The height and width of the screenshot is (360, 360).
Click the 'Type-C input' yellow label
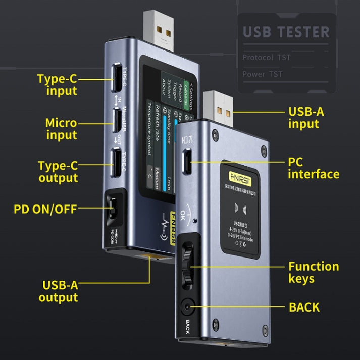pos(57,85)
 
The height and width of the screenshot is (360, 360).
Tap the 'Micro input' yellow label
pos(61,129)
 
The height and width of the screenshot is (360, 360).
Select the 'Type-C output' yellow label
pos(58,172)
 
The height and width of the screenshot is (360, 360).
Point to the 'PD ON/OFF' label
pos(45,208)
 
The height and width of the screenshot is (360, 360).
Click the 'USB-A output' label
pos(58,291)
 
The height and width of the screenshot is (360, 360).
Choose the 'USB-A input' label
pos(306,118)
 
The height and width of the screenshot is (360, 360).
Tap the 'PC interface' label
pos(313,168)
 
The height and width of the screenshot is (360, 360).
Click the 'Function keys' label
pos(313,273)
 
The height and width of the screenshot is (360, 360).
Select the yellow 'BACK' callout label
pos(304,306)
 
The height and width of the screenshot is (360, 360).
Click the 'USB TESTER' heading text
pos(286,31)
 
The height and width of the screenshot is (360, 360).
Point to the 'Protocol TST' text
pos(267,57)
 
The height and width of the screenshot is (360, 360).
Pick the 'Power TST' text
pos(262,74)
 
